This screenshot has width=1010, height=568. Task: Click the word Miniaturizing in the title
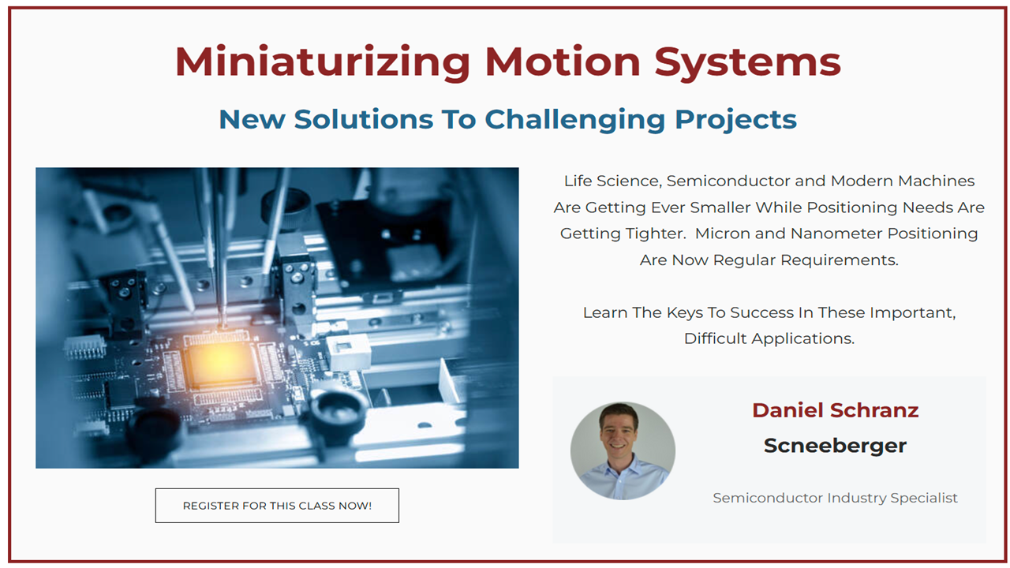point(323,62)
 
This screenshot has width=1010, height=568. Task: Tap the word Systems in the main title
point(747,62)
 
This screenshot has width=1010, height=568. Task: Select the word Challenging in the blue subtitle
point(575,120)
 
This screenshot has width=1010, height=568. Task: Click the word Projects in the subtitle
point(735,120)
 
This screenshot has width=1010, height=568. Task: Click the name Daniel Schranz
point(835,410)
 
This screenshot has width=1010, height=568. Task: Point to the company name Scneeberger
point(835,446)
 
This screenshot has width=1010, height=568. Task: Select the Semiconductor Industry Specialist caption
point(835,498)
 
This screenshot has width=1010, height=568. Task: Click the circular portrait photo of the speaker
point(623,450)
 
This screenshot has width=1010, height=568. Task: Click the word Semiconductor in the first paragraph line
point(728,181)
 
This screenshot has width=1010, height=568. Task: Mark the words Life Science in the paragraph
point(613,181)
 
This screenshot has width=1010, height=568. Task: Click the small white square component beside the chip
point(348,352)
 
